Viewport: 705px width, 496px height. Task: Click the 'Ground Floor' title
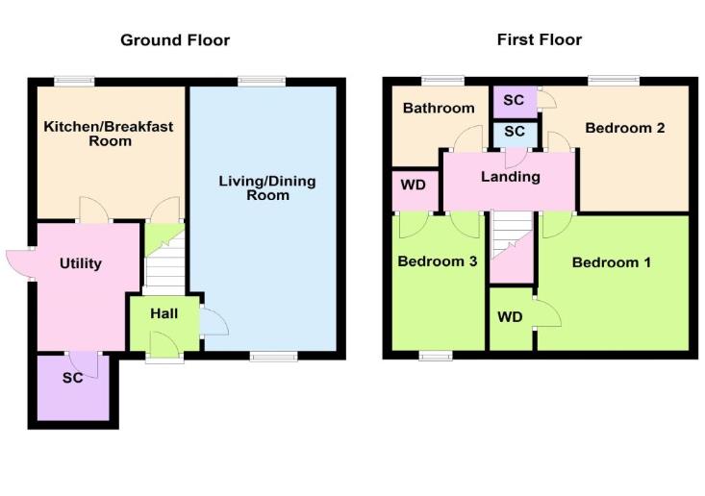point(174,40)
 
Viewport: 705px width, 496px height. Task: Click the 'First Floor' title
point(539,40)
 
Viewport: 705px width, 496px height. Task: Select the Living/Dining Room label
point(266,187)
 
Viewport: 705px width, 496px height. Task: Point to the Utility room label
point(80,263)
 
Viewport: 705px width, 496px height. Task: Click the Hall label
point(163,312)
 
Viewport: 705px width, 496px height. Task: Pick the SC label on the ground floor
point(72,378)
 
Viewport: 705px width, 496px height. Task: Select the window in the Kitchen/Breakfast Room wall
point(72,82)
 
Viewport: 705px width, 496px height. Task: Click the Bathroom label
point(438,109)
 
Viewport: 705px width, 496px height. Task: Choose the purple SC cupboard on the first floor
point(514,100)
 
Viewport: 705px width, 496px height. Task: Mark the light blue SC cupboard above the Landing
point(514,131)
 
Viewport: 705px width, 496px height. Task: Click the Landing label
point(511,177)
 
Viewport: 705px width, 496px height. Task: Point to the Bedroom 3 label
point(438,261)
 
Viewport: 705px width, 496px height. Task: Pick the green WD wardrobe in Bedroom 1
point(510,317)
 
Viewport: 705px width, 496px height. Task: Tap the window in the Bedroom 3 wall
point(436,356)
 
